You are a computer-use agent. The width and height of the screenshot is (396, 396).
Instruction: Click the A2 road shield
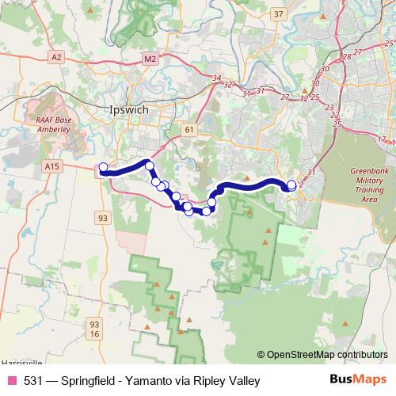pos(56,58)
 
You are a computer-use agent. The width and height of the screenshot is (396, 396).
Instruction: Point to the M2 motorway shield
pos(151,58)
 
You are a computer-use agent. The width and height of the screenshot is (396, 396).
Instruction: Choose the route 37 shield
pos(277,13)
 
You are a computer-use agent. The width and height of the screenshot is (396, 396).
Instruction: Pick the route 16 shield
pos(95,335)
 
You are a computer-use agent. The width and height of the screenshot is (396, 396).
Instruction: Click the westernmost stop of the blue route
pos(103,167)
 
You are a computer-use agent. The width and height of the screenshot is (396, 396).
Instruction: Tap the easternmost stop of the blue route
pos(291,185)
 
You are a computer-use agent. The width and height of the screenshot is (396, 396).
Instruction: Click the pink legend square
pos(12,380)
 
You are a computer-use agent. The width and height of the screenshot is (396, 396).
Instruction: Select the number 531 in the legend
pos(33,380)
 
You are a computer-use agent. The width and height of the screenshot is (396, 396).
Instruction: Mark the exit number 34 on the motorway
pos(217,78)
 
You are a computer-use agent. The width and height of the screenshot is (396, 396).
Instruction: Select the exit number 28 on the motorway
pos(347,57)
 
